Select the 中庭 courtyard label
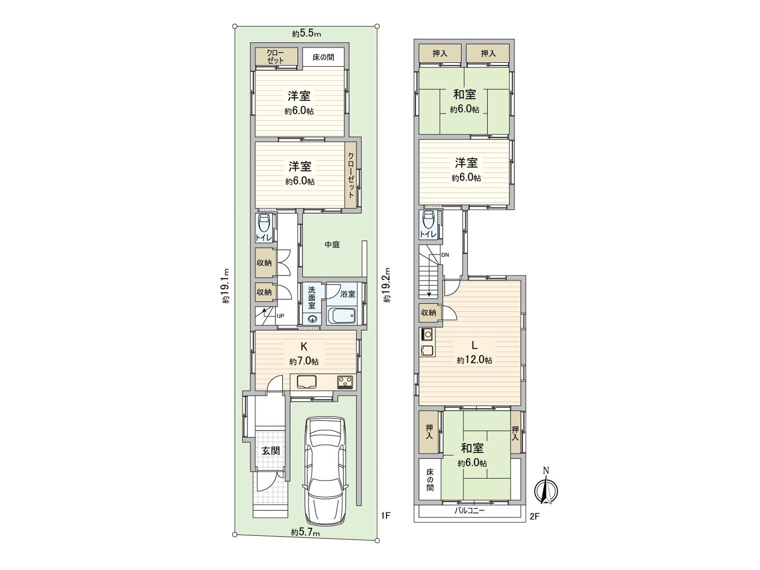click(332, 245)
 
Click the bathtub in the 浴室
click(341, 316)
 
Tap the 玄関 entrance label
click(270, 451)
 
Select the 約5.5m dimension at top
click(306, 34)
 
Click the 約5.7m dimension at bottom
click(305, 533)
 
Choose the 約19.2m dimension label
click(387, 285)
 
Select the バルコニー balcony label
click(469, 512)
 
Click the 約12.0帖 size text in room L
click(474, 361)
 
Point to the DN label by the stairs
click(445, 255)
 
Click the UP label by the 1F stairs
click(280, 315)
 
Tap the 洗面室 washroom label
click(312, 298)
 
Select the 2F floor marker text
click(534, 516)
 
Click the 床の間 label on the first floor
click(323, 57)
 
